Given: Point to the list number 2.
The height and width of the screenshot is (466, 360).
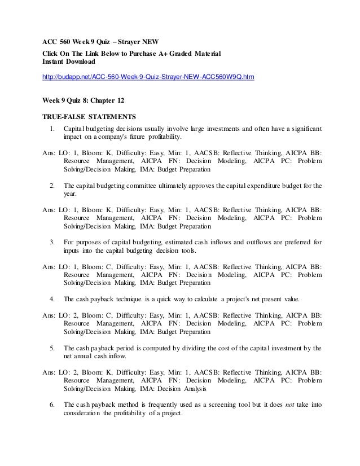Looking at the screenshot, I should pos(52,184).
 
